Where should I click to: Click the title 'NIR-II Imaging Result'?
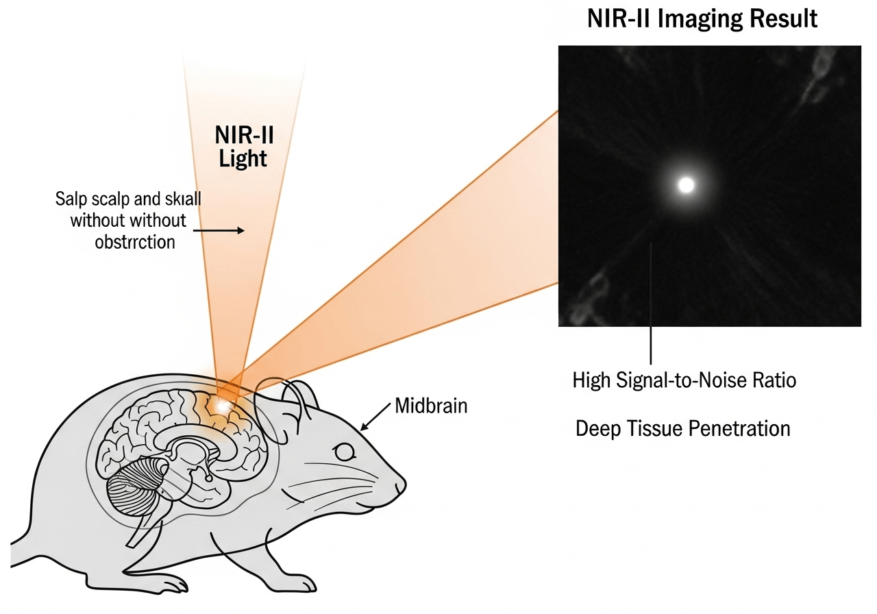click(x=702, y=19)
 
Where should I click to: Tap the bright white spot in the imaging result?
click(x=686, y=184)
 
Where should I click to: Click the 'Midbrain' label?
click(x=431, y=406)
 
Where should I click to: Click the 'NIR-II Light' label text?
click(x=244, y=147)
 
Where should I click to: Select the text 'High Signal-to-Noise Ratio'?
click(x=684, y=381)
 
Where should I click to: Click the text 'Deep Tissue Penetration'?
click(x=682, y=429)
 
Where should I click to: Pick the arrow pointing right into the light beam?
click(x=219, y=231)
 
